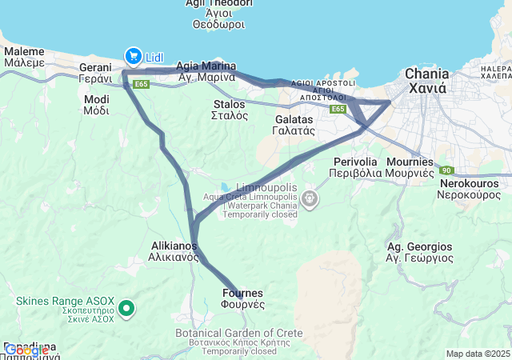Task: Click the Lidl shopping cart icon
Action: (x=132, y=55)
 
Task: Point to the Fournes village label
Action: (x=242, y=298)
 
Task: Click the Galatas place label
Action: (x=293, y=124)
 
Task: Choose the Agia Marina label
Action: (x=206, y=71)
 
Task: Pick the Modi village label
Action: (x=96, y=105)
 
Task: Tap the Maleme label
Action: (x=24, y=56)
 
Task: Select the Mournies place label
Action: (x=410, y=166)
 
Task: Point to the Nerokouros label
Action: (x=470, y=188)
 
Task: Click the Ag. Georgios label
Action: (x=414, y=253)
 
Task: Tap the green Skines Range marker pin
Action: (x=126, y=307)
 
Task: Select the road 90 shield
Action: (x=447, y=170)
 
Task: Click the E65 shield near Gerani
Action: (x=142, y=83)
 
